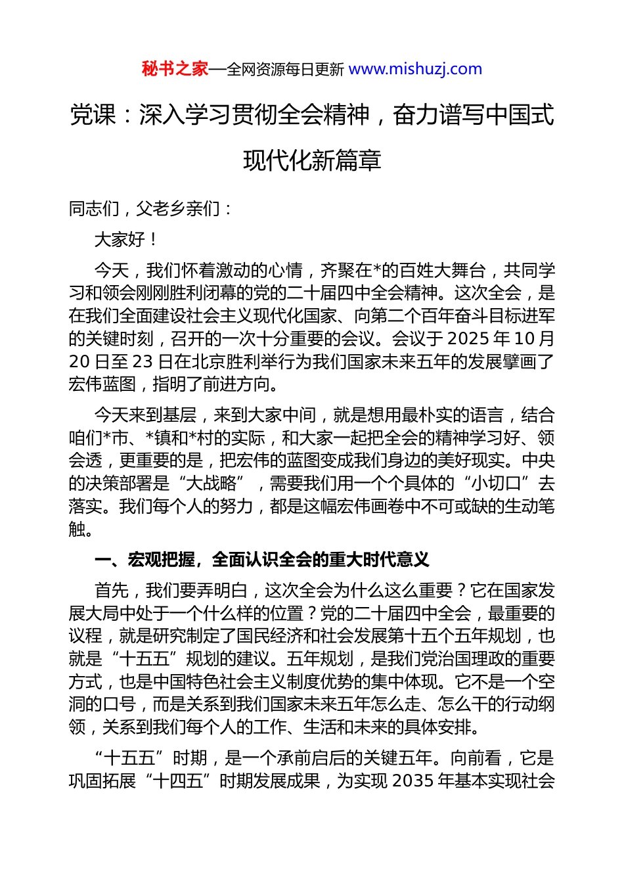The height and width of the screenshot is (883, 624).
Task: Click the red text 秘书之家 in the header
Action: (x=175, y=69)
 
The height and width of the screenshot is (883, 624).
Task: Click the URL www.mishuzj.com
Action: (x=415, y=69)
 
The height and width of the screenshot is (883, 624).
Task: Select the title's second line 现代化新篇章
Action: (x=312, y=160)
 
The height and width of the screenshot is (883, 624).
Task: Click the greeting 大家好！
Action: (x=125, y=240)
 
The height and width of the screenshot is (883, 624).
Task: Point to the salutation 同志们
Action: (x=94, y=209)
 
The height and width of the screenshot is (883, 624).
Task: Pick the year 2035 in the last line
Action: (x=414, y=781)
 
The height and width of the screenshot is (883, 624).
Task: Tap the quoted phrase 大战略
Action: (x=212, y=484)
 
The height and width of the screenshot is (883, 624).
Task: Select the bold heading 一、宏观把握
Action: (x=145, y=560)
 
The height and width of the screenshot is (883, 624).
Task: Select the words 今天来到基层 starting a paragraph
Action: (x=145, y=415)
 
